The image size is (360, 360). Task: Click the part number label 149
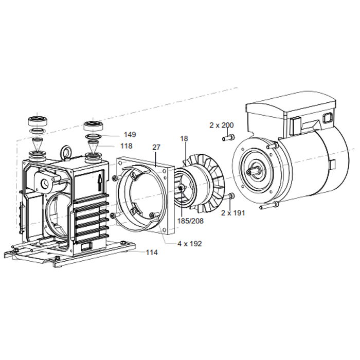(x=130, y=135)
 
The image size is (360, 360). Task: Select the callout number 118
(x=127, y=146)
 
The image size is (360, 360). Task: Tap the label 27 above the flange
(x=156, y=147)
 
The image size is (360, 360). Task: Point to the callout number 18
(x=184, y=139)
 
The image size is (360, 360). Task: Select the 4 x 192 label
(x=189, y=243)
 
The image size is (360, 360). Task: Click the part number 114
(x=151, y=253)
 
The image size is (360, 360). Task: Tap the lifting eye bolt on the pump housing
(x=66, y=152)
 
